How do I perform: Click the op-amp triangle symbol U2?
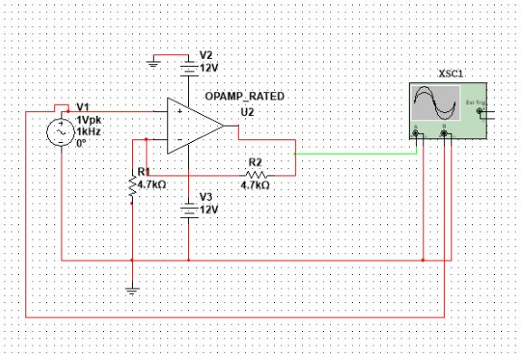[192, 126]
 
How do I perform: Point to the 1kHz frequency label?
[89, 132]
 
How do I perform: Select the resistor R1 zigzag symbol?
[133, 185]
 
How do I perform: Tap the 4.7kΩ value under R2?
[254, 185]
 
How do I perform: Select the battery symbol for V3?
[187, 210]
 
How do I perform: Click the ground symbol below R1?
[133, 290]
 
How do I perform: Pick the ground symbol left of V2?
[155, 60]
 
